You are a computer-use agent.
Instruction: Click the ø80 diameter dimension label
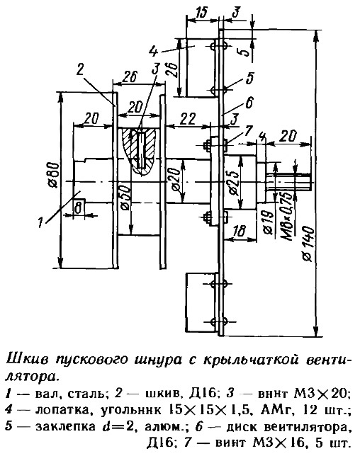[55, 175]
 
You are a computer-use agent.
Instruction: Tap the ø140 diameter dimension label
[309, 244]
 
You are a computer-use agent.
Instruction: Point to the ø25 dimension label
[234, 183]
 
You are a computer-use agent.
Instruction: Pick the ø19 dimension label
[268, 222]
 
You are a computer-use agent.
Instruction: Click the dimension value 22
[188, 118]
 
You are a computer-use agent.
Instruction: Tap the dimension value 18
[240, 232]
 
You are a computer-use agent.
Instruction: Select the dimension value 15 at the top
[201, 13]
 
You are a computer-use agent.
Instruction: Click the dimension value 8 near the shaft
[78, 208]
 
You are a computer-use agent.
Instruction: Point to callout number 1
[40, 223]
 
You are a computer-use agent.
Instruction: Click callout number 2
[81, 70]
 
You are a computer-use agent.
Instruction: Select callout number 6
[249, 103]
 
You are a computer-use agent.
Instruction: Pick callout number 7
[247, 130]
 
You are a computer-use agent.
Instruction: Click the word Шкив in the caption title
[24, 360]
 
